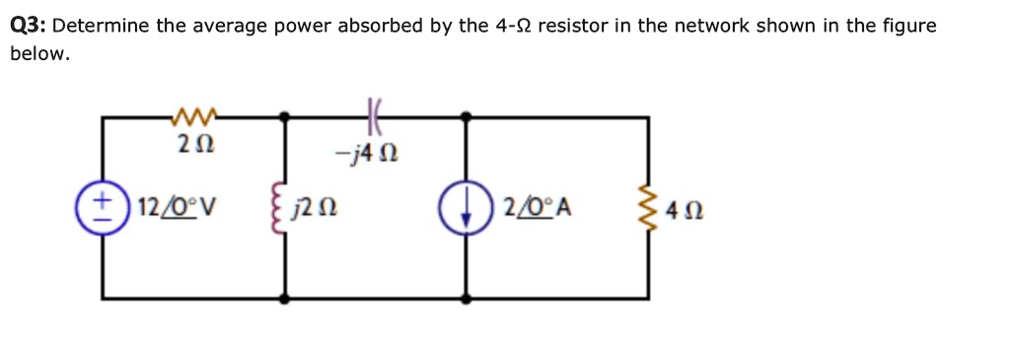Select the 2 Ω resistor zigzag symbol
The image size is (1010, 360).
[x=193, y=118]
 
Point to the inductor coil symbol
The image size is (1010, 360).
[x=286, y=208]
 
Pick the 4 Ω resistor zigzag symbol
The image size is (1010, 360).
[x=648, y=208]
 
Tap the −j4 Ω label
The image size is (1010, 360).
[x=366, y=155]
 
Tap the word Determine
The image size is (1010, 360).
[x=101, y=27]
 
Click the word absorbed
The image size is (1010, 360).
[x=380, y=27]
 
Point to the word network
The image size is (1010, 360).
[x=712, y=27]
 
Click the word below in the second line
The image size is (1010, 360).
[x=39, y=54]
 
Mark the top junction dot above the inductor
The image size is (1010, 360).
[x=286, y=116]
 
